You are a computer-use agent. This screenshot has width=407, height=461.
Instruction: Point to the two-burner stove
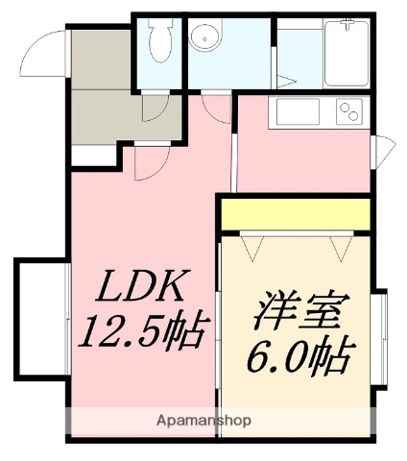[349, 113]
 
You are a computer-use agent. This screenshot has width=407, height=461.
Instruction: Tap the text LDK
[145, 287]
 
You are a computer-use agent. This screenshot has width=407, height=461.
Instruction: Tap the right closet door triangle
[340, 249]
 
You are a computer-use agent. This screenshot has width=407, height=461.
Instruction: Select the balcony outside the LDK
[38, 316]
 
